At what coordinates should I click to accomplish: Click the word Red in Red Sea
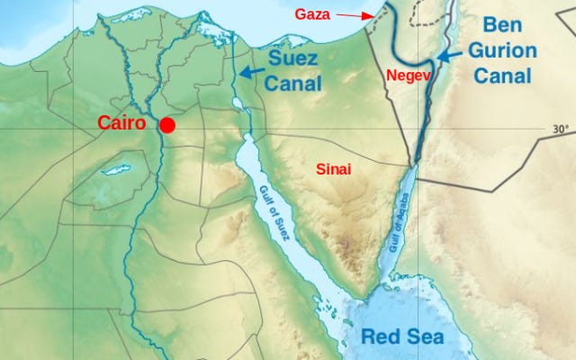pos(379,337)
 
